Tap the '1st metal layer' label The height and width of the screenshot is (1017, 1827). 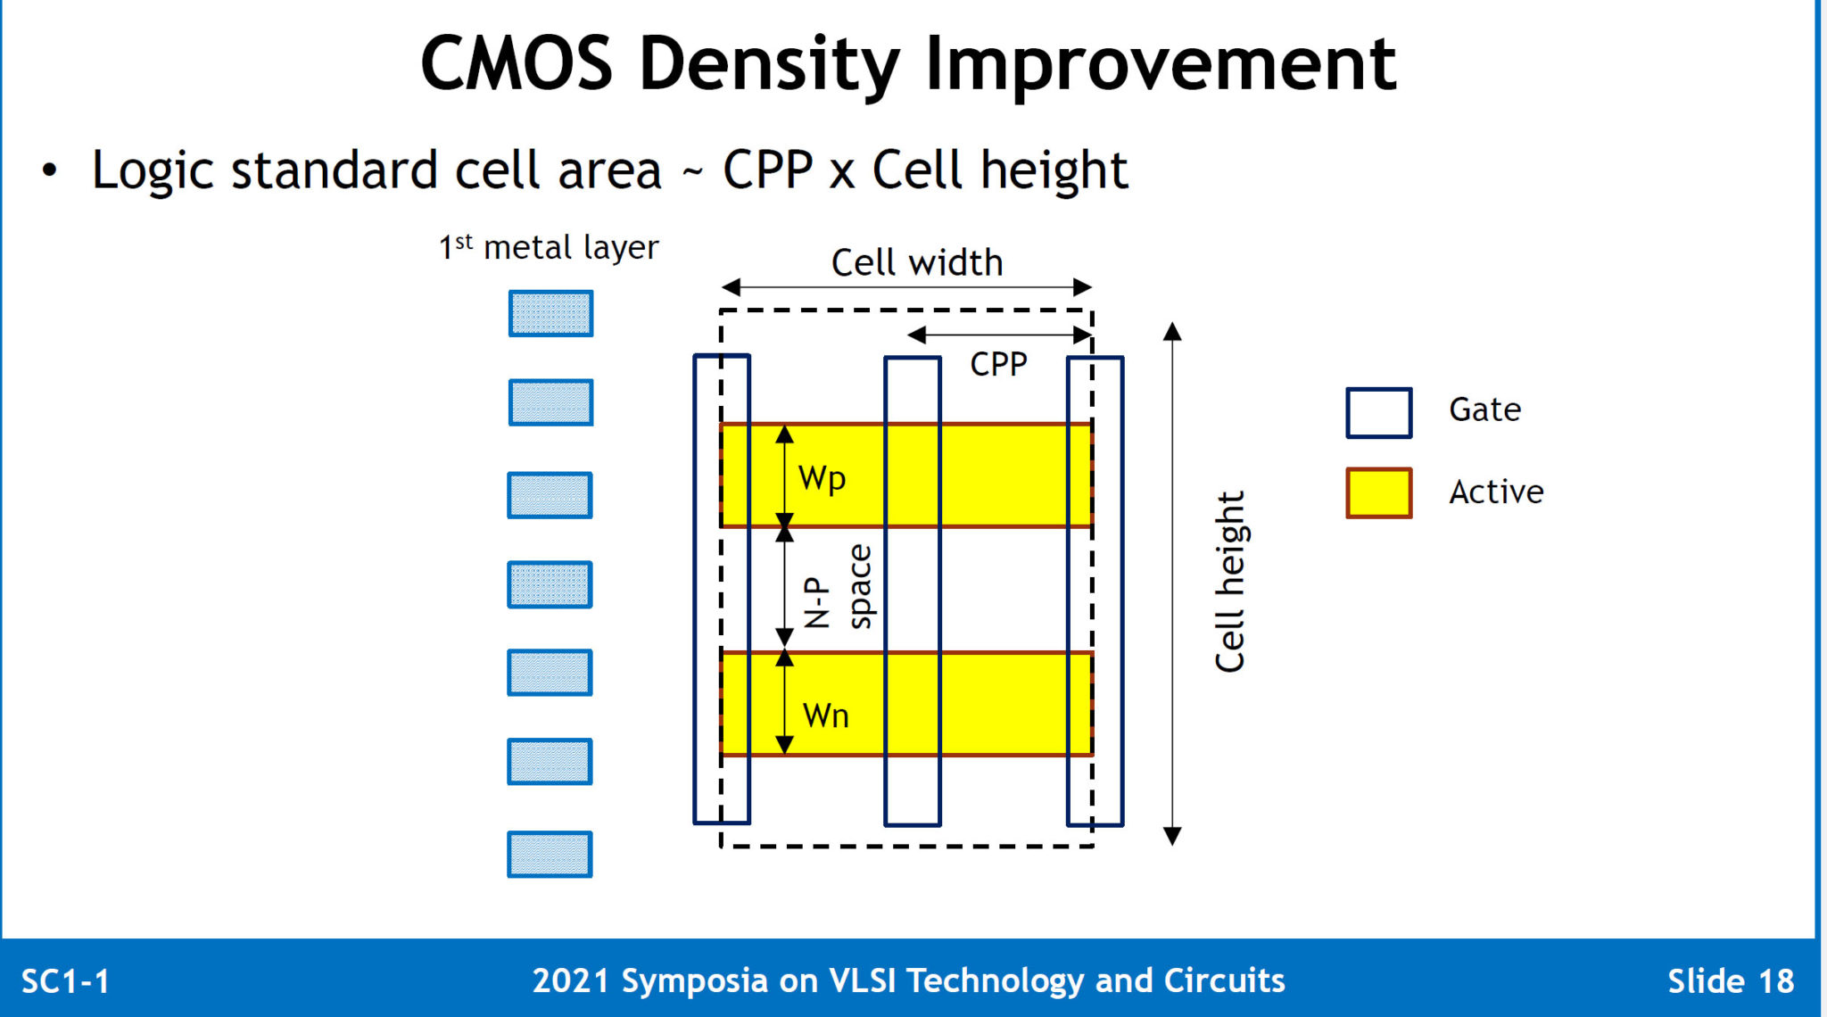coord(548,247)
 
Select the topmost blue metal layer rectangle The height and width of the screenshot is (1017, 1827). coord(550,313)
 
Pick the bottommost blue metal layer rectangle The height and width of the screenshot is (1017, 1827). coord(550,854)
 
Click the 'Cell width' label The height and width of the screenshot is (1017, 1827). coord(916,262)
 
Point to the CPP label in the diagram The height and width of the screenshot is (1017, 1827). coord(998,364)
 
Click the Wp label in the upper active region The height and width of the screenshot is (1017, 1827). coord(822,478)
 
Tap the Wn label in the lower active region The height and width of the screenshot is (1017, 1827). coord(825,715)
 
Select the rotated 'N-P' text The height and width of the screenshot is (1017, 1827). coord(816,603)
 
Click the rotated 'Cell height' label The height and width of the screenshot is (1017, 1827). coord(1229,582)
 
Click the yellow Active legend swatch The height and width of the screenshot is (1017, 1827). coord(1378,492)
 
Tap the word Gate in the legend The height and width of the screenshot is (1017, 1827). coord(1484,409)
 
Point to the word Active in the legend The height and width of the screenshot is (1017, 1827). coord(1496,492)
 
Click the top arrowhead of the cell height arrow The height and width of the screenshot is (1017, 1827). coord(1172,332)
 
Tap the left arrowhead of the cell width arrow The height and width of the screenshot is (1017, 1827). coord(731,287)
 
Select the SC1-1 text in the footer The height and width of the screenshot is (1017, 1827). coord(65,981)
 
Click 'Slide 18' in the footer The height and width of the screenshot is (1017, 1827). coord(1730,981)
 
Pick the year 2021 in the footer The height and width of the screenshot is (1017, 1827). coord(570,980)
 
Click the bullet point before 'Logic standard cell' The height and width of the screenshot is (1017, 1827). coord(50,170)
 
